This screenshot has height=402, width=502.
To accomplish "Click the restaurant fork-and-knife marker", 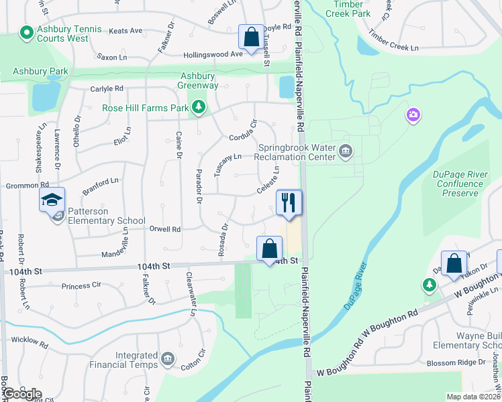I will [289, 202].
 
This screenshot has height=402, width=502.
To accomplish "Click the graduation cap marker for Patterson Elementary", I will [52, 199].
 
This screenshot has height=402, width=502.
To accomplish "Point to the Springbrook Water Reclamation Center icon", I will [346, 151].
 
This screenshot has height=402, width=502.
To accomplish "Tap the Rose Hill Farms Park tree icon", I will [198, 107].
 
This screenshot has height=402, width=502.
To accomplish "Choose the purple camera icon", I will [413, 116].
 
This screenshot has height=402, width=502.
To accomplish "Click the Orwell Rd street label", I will [166, 229].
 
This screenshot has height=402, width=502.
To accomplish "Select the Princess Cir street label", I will [81, 286].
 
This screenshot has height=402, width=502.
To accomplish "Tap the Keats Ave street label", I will [125, 31].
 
